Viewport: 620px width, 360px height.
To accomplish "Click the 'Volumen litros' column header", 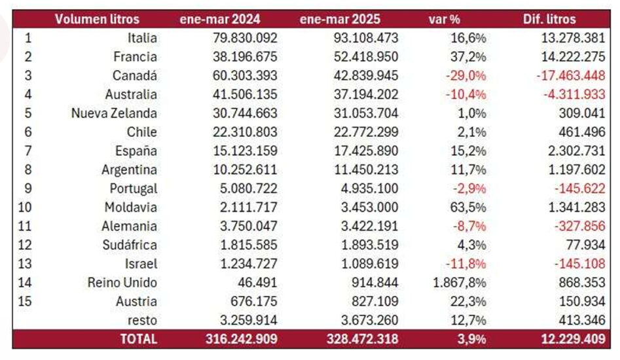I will coord(97,19).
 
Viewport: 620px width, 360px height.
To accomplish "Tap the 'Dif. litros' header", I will coord(555,19).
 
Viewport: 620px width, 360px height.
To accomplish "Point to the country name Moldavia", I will coord(131,207).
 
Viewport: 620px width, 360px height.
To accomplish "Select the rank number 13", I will coord(27,264).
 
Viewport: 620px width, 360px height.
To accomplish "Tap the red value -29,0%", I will coord(465,75).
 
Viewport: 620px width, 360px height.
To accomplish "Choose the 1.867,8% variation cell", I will coord(460,283).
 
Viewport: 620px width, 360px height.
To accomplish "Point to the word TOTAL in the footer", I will coord(138,339).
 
